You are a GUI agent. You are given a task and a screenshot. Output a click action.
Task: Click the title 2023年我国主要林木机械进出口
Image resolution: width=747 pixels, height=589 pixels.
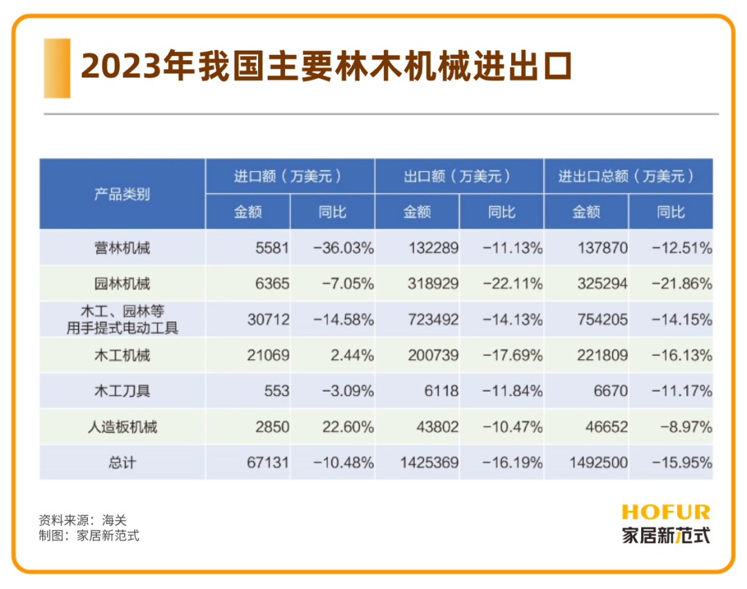(326, 67)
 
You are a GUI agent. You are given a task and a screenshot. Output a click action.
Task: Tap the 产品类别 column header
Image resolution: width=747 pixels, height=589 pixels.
(122, 194)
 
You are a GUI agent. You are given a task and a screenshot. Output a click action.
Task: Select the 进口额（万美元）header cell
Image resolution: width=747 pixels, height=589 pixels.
(289, 176)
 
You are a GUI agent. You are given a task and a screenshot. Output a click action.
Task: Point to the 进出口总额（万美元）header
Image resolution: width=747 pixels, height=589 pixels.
(627, 176)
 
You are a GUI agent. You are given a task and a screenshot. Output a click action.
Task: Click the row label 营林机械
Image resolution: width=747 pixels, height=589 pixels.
(122, 248)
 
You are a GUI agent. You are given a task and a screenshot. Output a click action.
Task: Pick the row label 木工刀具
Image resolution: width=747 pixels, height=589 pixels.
(122, 391)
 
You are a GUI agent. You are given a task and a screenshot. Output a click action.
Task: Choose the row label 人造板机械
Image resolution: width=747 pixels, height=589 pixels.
(122, 427)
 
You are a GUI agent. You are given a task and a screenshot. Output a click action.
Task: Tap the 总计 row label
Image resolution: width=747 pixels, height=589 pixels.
(122, 462)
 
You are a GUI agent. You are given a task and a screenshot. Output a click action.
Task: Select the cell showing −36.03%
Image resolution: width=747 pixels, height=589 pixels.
(343, 248)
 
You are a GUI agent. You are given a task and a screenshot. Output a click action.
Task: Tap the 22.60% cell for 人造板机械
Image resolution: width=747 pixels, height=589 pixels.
(348, 427)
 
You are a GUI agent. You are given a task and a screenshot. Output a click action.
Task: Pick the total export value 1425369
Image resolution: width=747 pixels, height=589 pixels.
(429, 462)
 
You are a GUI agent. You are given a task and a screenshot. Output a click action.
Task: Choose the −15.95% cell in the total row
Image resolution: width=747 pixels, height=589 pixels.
(681, 462)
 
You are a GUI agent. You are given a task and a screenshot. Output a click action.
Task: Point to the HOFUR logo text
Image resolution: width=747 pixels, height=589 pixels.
(665, 512)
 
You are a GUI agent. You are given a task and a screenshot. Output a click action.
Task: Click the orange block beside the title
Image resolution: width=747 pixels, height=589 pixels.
(57, 68)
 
